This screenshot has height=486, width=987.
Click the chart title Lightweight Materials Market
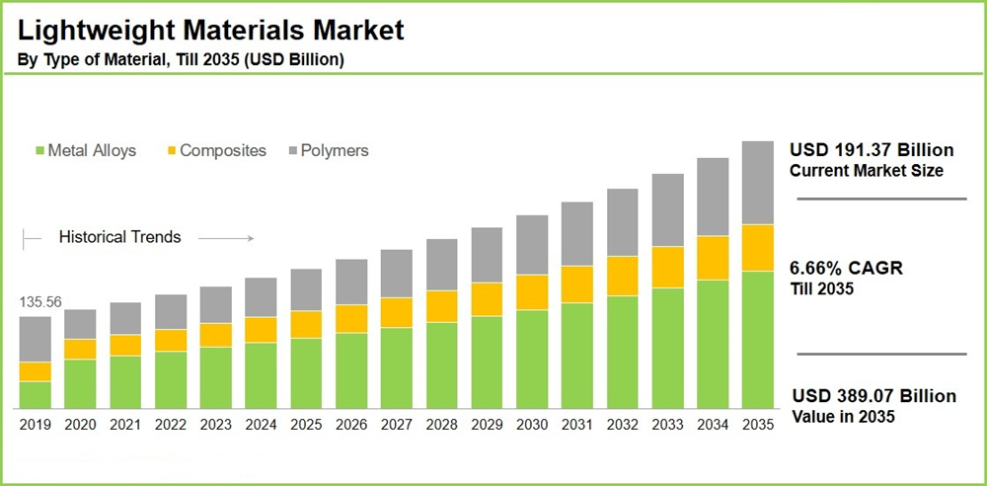210,30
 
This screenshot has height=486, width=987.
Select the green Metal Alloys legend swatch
39,151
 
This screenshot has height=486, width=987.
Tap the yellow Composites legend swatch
171,151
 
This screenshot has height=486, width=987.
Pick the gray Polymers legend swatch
293,151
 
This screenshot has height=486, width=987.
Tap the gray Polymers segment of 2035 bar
757,183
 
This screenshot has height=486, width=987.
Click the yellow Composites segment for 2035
757,248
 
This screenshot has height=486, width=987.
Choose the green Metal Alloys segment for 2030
531,360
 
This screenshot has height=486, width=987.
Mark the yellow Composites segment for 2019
36,371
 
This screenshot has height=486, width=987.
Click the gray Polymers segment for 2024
261,297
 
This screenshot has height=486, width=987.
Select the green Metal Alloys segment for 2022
171,380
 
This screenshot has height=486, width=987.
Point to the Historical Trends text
119,237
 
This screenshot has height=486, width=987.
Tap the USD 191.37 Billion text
872,150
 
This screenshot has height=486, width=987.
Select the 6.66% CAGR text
846,269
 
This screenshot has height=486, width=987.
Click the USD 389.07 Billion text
873,396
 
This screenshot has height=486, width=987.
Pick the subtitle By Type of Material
181,60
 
